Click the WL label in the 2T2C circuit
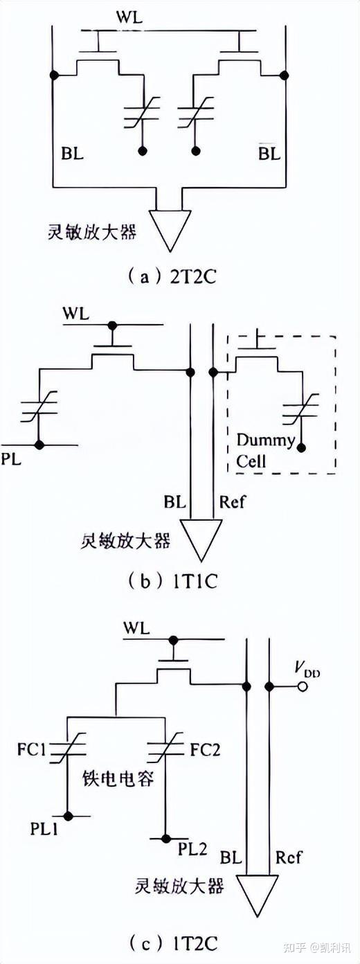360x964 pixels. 168,17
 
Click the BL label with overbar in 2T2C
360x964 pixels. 269,153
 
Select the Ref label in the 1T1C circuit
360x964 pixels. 231,500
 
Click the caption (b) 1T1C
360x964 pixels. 173,580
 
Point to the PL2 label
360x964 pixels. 191,847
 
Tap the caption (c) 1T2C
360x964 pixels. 173,942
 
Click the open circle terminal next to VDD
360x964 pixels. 302,686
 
